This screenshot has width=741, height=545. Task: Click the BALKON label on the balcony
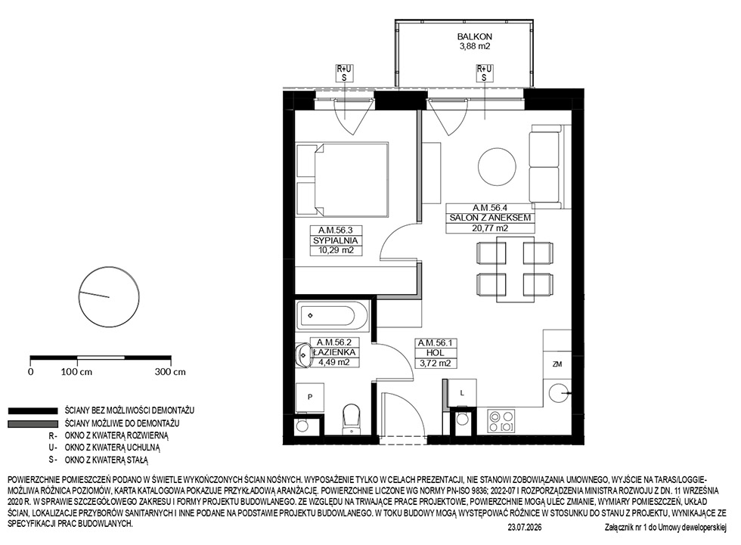(475, 36)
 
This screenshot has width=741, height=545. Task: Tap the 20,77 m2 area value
(491, 228)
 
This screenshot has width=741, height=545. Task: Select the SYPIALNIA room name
(336, 240)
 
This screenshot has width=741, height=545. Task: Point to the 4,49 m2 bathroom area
(333, 362)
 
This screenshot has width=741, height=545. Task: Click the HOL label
(435, 353)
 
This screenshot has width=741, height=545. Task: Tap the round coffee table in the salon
(497, 168)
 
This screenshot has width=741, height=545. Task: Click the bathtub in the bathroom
(332, 315)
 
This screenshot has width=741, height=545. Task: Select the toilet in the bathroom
(351, 419)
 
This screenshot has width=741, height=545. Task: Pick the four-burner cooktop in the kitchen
(501, 421)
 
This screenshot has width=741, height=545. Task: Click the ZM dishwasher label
(557, 364)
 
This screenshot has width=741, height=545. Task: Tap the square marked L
(462, 392)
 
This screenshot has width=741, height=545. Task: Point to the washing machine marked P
(310, 397)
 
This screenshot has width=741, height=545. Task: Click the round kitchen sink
(559, 393)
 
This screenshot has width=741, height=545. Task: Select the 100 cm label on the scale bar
(76, 372)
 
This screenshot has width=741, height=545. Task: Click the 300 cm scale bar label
(170, 372)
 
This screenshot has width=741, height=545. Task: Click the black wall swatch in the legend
(32, 411)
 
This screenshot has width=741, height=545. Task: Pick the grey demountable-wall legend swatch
(32, 423)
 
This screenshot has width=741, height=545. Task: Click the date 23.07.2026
(525, 528)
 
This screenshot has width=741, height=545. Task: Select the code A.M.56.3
(336, 231)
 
